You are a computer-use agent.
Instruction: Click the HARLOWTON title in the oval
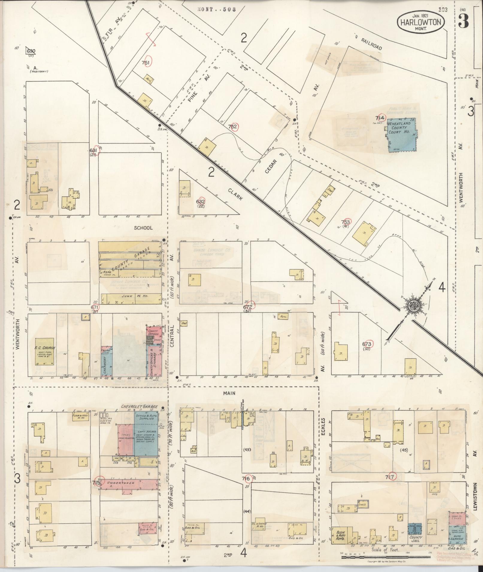pos(421,22)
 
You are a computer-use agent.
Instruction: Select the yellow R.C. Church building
pos(45,352)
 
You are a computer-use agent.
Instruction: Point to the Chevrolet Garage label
pos(139,407)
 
